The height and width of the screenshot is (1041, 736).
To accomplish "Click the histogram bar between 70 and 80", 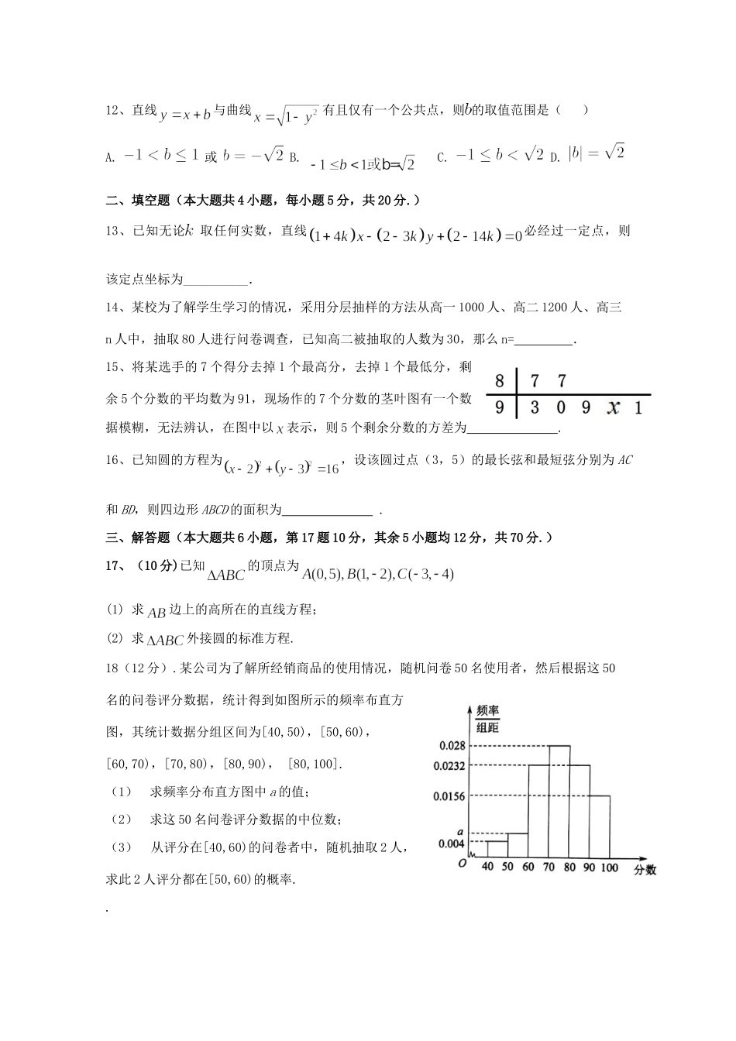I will point(559,802).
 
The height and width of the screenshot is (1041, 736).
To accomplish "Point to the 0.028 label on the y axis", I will point(452,746).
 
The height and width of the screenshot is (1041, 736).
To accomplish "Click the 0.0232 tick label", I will point(449,766).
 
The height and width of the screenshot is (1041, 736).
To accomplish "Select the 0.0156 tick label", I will point(449,796).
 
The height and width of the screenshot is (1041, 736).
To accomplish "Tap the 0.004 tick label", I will point(452,843).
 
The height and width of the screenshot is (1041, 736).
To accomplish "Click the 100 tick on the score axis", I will point(610,867).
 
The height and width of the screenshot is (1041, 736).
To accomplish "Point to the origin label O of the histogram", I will point(462,863).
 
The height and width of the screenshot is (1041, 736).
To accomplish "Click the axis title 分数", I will point(645,870).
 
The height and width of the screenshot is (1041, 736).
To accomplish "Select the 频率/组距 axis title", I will point(487,718).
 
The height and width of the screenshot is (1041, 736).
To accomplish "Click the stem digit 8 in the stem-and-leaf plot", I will point(500,380).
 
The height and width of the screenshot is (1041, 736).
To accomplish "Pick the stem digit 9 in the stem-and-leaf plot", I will point(500,407).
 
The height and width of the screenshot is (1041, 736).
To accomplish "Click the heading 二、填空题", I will point(138,201).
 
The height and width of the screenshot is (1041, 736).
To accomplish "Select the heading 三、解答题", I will point(138,537).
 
